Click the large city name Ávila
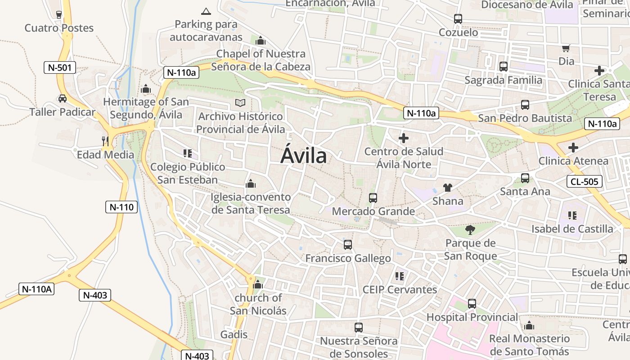pyautogui.click(x=303, y=156)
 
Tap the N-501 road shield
pyautogui.click(x=60, y=68)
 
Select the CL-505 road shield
pyautogui.click(x=584, y=181)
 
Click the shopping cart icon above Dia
pyautogui.click(x=566, y=48)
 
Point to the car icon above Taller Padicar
pyautogui.click(x=62, y=99)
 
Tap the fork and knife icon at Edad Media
pyautogui.click(x=105, y=141)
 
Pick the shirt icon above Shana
pyautogui.click(x=447, y=187)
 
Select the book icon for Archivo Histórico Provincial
pyautogui.click(x=240, y=103)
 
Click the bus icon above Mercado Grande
pyautogui.click(x=373, y=198)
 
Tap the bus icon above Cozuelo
pyautogui.click(x=458, y=19)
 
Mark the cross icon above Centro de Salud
pyautogui.click(x=404, y=138)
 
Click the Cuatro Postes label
pyautogui.click(x=59, y=28)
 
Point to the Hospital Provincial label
pyautogui.click(x=472, y=317)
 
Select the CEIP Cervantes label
pyautogui.click(x=400, y=289)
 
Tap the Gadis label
pyautogui.click(x=234, y=334)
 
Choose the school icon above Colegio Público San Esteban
pyautogui.click(x=188, y=153)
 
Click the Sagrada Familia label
pyautogui.click(x=503, y=80)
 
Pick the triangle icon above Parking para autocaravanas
pyautogui.click(x=206, y=11)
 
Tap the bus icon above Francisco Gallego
pyautogui.click(x=348, y=245)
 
